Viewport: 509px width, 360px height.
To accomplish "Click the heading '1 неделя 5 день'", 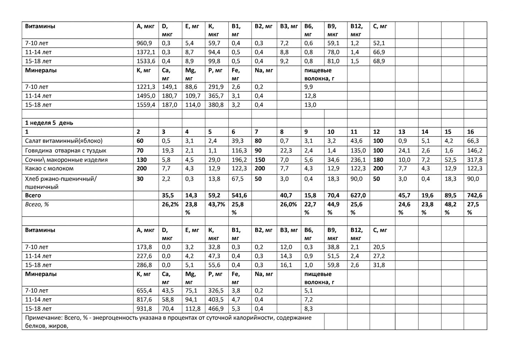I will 49,123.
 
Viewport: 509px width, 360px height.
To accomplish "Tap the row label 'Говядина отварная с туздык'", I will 65,151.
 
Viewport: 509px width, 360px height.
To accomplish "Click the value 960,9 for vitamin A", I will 144,43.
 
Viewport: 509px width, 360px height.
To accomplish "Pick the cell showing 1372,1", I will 146,52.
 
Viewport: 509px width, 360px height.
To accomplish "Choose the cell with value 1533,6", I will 146,61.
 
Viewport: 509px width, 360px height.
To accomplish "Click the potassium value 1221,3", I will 146,87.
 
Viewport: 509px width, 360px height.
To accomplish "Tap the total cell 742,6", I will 474,196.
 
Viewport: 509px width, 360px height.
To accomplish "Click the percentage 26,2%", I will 170,204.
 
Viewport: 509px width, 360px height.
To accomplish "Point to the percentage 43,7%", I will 216,204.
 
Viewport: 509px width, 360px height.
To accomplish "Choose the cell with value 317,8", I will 474,160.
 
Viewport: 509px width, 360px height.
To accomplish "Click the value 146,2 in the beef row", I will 474,151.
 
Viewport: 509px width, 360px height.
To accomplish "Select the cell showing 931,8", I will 144,309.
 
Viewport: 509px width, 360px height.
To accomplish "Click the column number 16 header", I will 470,132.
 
